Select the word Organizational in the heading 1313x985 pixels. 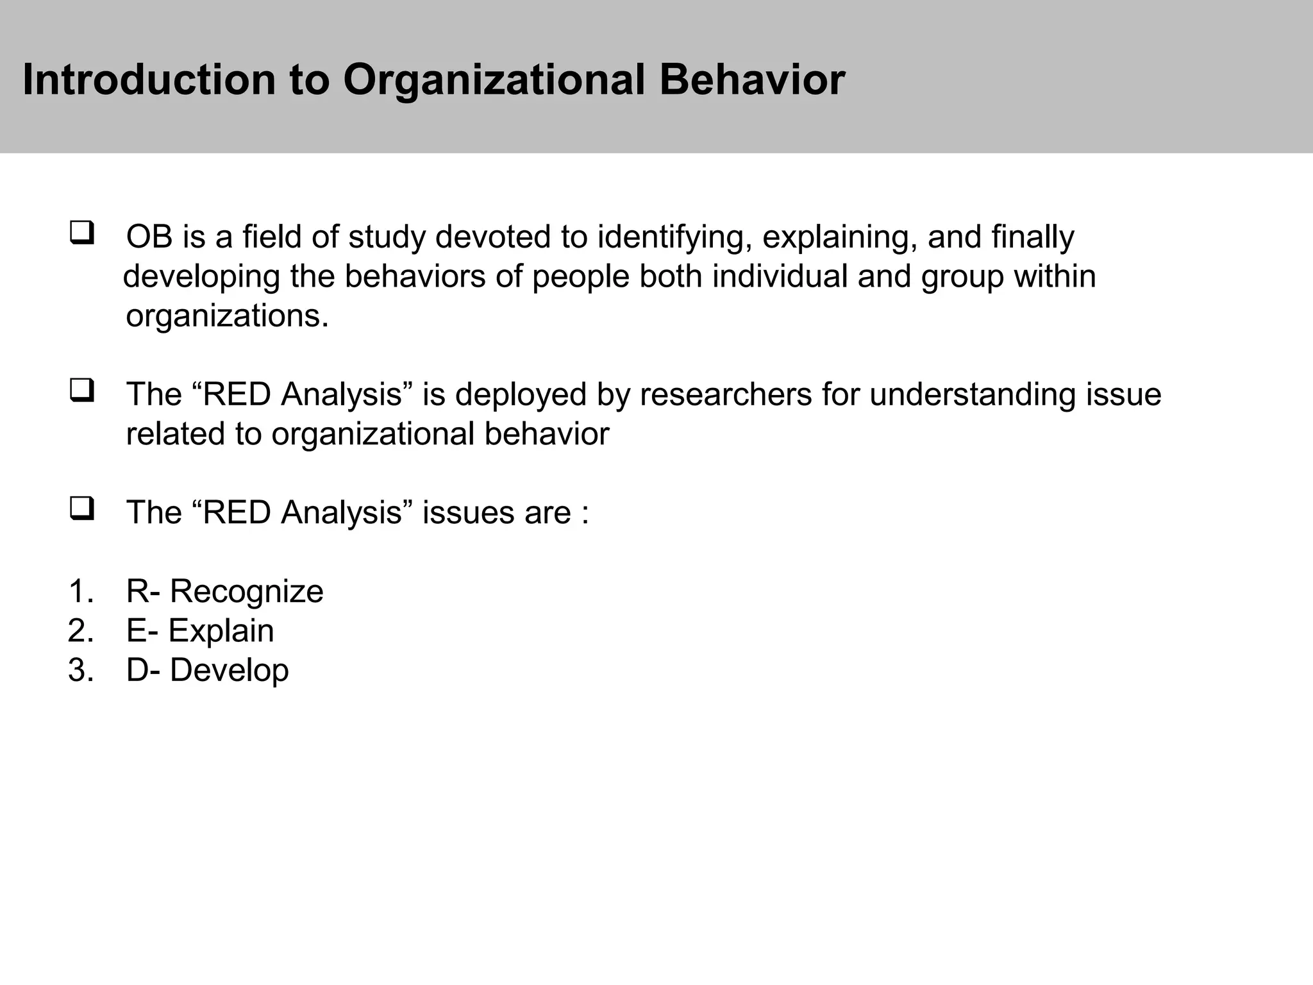pos(494,81)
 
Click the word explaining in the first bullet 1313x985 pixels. pos(839,238)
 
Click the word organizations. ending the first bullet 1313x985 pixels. pos(227,316)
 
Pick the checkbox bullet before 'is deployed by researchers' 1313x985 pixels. pos(82,390)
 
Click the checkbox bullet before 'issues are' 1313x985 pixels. pos(82,508)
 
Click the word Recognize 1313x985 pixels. pos(246,592)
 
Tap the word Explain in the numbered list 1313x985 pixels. pos(221,632)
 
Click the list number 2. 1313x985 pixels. pos(79,631)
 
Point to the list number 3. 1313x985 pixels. pos(79,671)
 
